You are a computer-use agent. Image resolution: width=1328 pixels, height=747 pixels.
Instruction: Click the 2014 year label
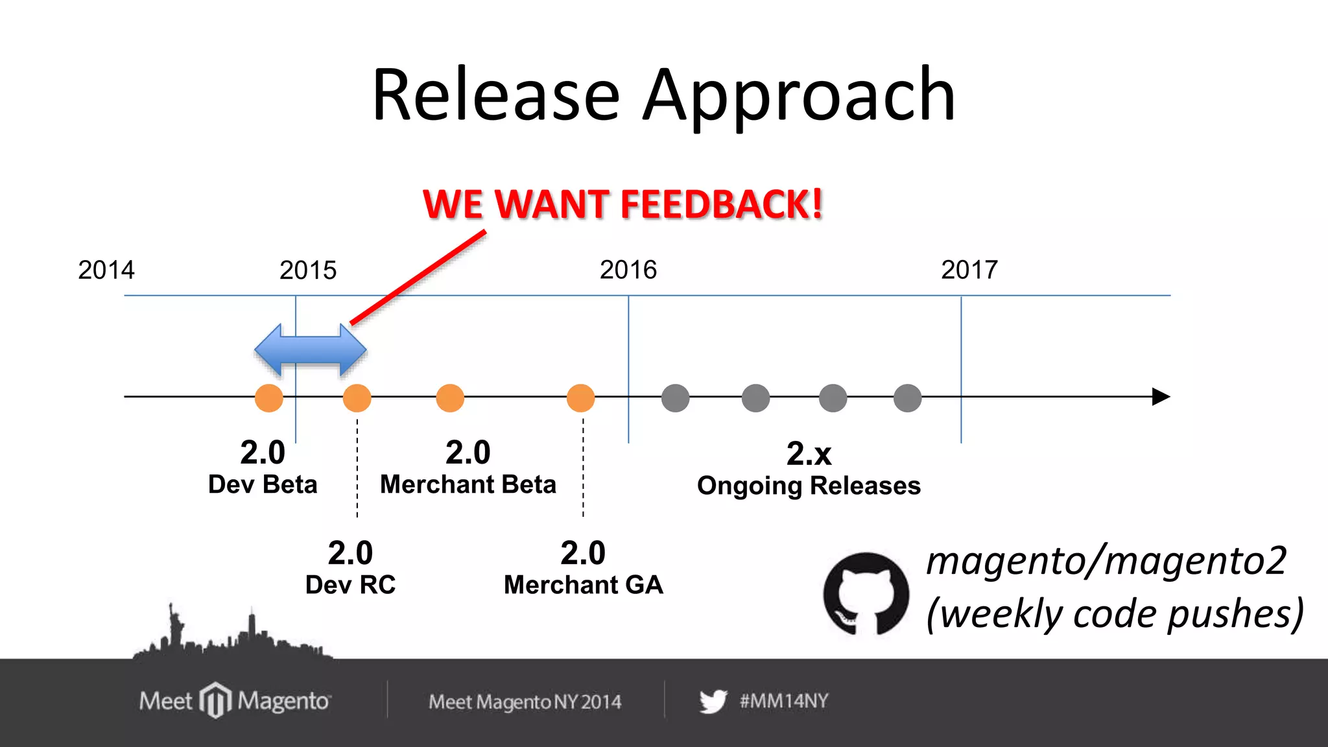[106, 270]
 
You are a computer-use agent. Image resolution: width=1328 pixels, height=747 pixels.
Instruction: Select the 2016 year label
[628, 270]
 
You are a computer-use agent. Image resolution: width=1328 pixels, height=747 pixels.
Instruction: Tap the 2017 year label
[969, 270]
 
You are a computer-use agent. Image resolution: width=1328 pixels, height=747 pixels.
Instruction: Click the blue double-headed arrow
[311, 350]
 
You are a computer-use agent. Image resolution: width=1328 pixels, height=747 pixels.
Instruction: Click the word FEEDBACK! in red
[721, 204]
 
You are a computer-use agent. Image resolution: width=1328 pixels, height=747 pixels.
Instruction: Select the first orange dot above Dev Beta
[268, 397]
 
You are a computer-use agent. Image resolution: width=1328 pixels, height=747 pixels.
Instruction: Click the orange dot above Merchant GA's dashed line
[580, 397]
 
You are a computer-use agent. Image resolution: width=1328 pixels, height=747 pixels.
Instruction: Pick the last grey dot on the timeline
[907, 397]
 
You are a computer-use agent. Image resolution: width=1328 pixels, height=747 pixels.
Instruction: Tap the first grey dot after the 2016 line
[675, 397]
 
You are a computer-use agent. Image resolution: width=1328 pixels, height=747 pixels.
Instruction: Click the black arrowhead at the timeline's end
[1160, 396]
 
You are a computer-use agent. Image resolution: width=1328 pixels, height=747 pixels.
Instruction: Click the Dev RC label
[350, 584]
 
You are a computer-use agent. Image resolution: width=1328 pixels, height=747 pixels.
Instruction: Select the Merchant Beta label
[468, 484]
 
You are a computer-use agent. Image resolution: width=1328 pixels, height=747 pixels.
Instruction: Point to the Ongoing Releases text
[809, 486]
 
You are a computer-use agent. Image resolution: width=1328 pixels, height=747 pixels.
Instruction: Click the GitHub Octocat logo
[866, 593]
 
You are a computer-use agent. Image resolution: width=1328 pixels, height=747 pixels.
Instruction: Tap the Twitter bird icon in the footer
[713, 701]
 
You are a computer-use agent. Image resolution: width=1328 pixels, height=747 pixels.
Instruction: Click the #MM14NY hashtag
[784, 701]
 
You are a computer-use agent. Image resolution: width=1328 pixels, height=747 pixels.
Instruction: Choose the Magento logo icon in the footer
[215, 700]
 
